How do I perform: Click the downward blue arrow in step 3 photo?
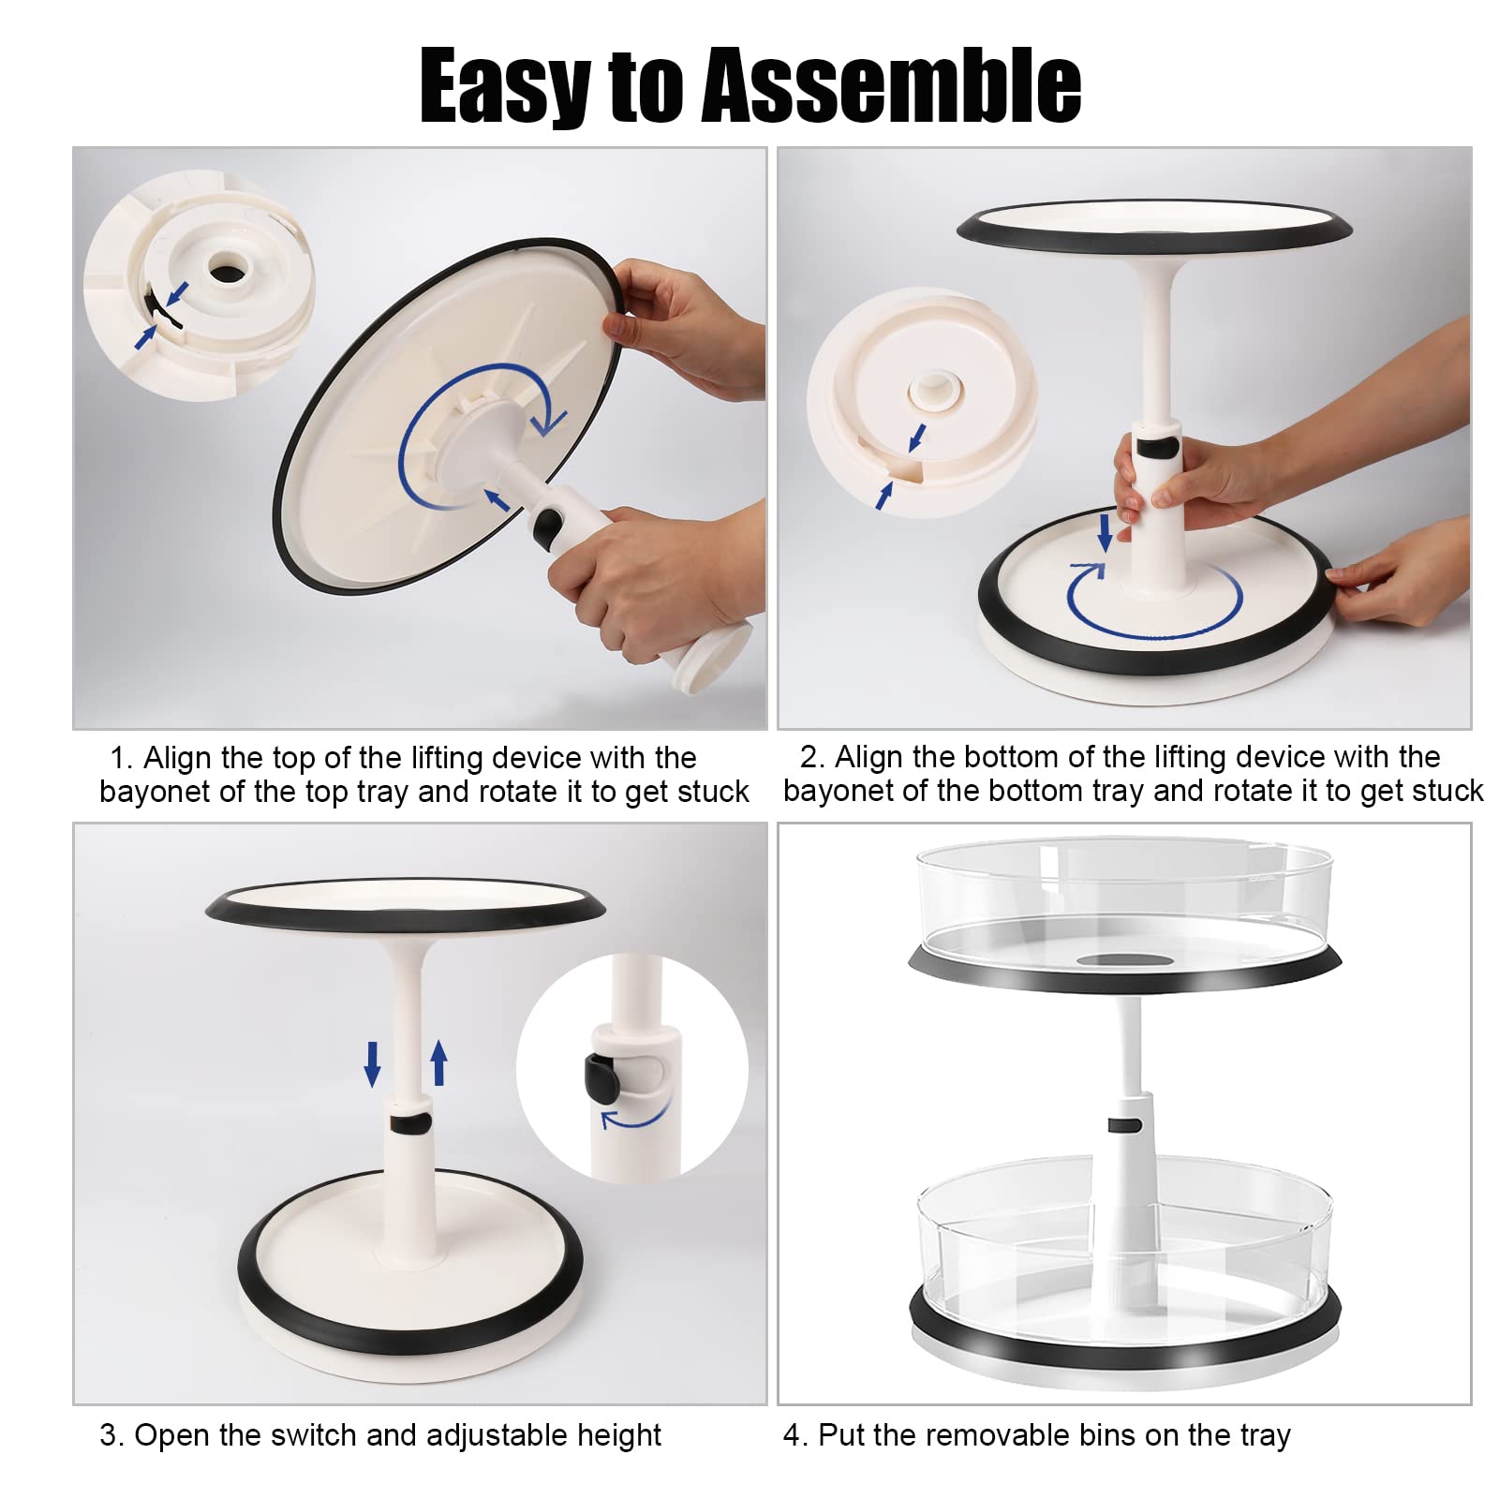372,1062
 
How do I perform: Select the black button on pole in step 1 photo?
547,527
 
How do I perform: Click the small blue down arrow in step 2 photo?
1105,531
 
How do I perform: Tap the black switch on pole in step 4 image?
1122,1124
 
